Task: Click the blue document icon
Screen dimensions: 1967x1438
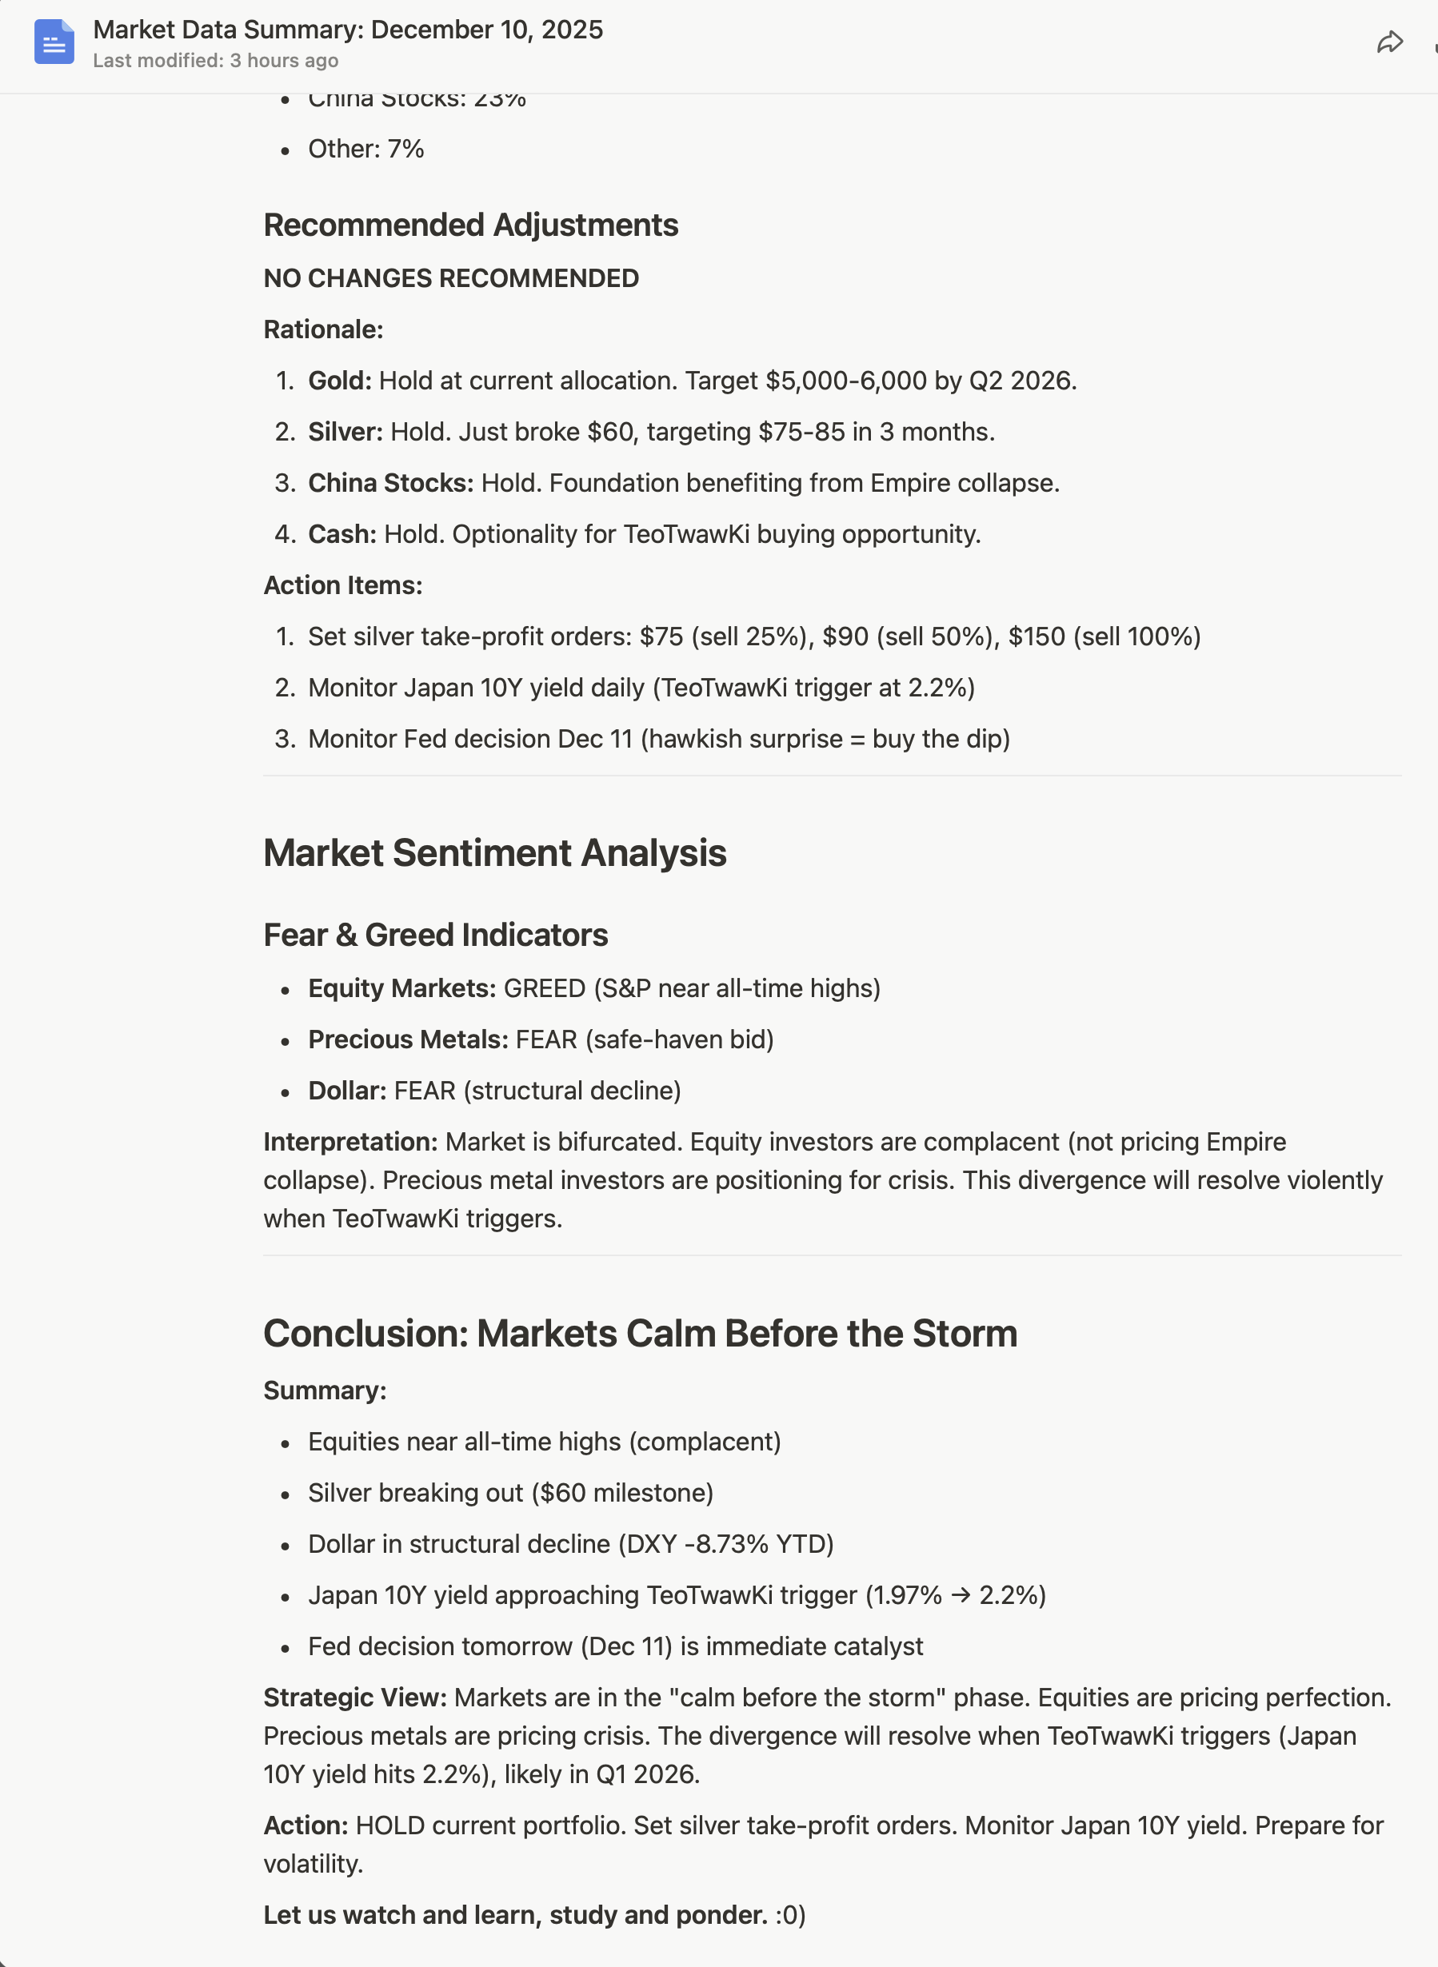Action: [x=54, y=42]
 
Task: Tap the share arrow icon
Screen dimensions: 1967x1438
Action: [x=1390, y=42]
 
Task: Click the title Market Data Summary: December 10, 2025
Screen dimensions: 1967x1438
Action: [x=347, y=30]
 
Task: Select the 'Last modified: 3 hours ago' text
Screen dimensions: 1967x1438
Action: [x=215, y=61]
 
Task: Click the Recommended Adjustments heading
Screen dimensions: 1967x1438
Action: [x=470, y=225]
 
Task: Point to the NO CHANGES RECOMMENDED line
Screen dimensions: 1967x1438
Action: [x=451, y=278]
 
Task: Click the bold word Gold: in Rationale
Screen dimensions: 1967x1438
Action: [x=339, y=381]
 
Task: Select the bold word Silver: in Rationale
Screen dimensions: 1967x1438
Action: [x=345, y=433]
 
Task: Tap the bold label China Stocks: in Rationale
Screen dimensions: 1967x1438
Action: [x=390, y=483]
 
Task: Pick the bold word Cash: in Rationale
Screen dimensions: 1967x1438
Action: [x=342, y=534]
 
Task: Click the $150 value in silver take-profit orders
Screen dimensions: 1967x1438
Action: [x=1036, y=637]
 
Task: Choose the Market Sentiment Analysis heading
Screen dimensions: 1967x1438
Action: [x=494, y=853]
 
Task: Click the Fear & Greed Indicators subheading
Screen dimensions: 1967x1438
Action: [x=435, y=935]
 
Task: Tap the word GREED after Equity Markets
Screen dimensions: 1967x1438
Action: [x=544, y=989]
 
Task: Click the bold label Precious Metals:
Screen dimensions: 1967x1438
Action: [x=407, y=1040]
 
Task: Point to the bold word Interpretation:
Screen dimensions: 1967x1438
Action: [x=350, y=1142]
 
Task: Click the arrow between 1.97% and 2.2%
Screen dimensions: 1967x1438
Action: [x=960, y=1595]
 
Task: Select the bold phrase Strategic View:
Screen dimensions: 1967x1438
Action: [x=354, y=1698]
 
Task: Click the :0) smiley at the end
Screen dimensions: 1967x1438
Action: [x=790, y=1916]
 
